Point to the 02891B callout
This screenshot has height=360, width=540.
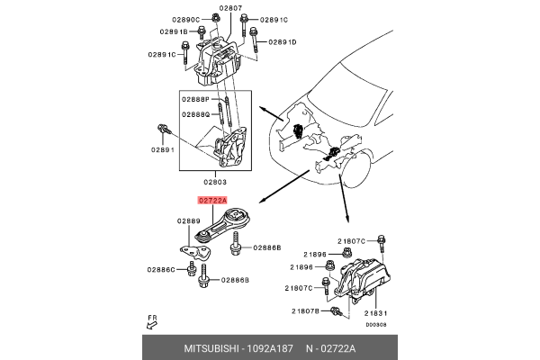173,32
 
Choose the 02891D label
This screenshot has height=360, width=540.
281,42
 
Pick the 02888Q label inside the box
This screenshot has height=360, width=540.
195,114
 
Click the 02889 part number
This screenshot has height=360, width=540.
187,220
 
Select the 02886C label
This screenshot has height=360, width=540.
163,269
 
